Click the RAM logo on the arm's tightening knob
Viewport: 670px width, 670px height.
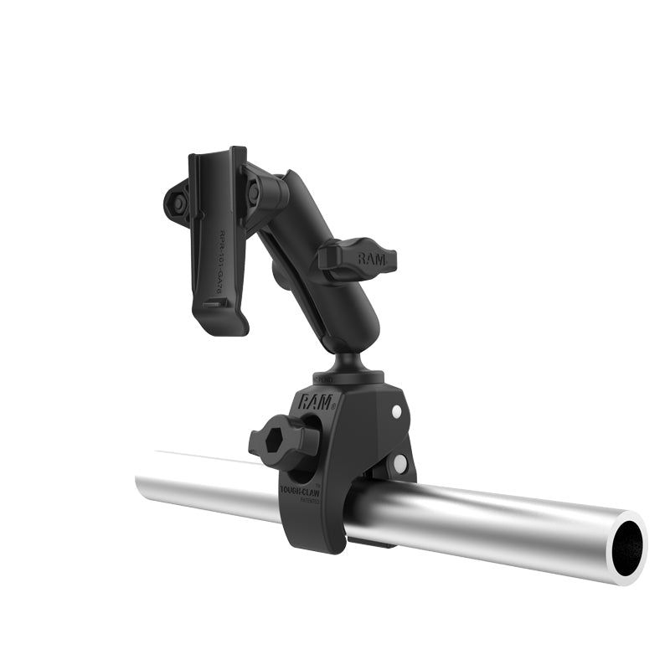[371, 259]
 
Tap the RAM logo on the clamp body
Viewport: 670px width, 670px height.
[316, 401]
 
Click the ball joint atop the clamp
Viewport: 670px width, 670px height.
[344, 361]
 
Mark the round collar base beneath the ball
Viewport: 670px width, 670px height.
[348, 379]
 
